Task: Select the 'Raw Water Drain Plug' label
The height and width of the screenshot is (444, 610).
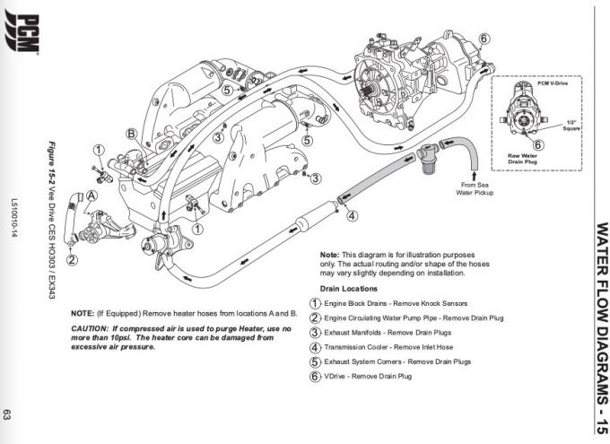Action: coord(522,159)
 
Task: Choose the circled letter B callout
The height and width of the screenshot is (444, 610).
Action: coord(131,134)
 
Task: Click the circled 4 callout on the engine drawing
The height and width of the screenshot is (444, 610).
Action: coord(353,215)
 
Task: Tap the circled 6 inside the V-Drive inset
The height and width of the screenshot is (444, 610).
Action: coord(537,144)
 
